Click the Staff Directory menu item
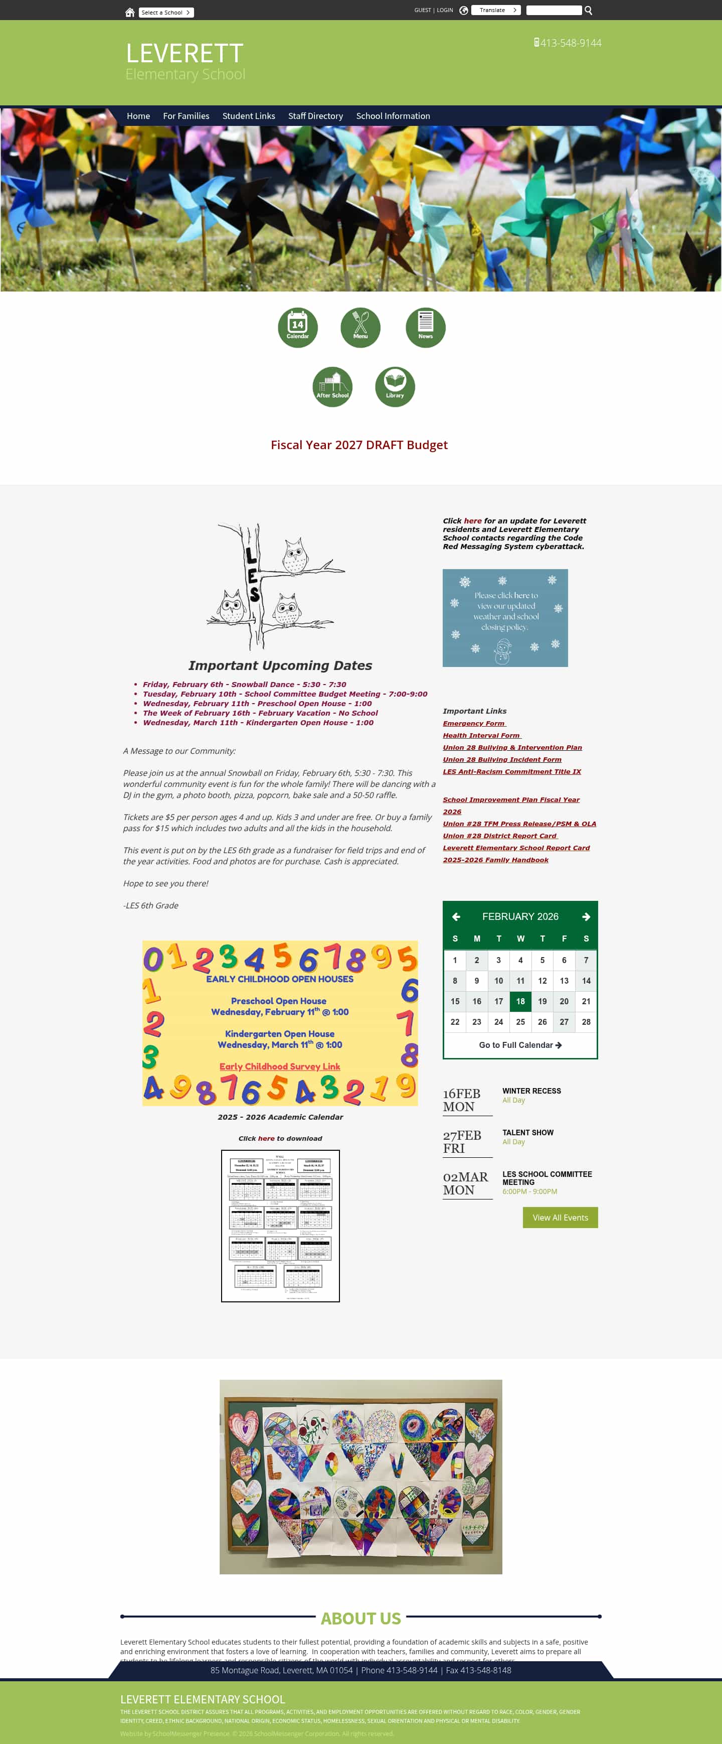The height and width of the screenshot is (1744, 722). pos(315,116)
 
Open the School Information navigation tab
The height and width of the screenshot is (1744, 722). pos(393,116)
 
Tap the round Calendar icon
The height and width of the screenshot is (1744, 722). pos(298,328)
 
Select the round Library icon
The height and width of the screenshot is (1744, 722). pos(395,386)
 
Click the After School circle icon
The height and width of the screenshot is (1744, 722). pos(332,386)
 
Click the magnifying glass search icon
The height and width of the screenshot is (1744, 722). pos(588,10)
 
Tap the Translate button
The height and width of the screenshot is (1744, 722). pos(495,10)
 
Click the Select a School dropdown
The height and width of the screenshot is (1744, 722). pos(166,12)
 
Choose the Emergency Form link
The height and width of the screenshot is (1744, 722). pos(474,723)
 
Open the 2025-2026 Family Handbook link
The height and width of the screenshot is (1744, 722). pos(495,860)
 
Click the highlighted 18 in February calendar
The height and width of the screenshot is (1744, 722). pos(520,1001)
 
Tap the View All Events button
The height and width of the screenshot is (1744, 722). pos(560,1217)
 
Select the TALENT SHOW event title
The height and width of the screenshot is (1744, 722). pos(528,1133)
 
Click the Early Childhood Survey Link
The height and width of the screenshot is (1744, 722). pos(279,1066)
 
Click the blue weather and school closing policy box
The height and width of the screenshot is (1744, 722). pos(505,617)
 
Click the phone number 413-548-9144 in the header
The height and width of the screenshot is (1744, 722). pos(571,43)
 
